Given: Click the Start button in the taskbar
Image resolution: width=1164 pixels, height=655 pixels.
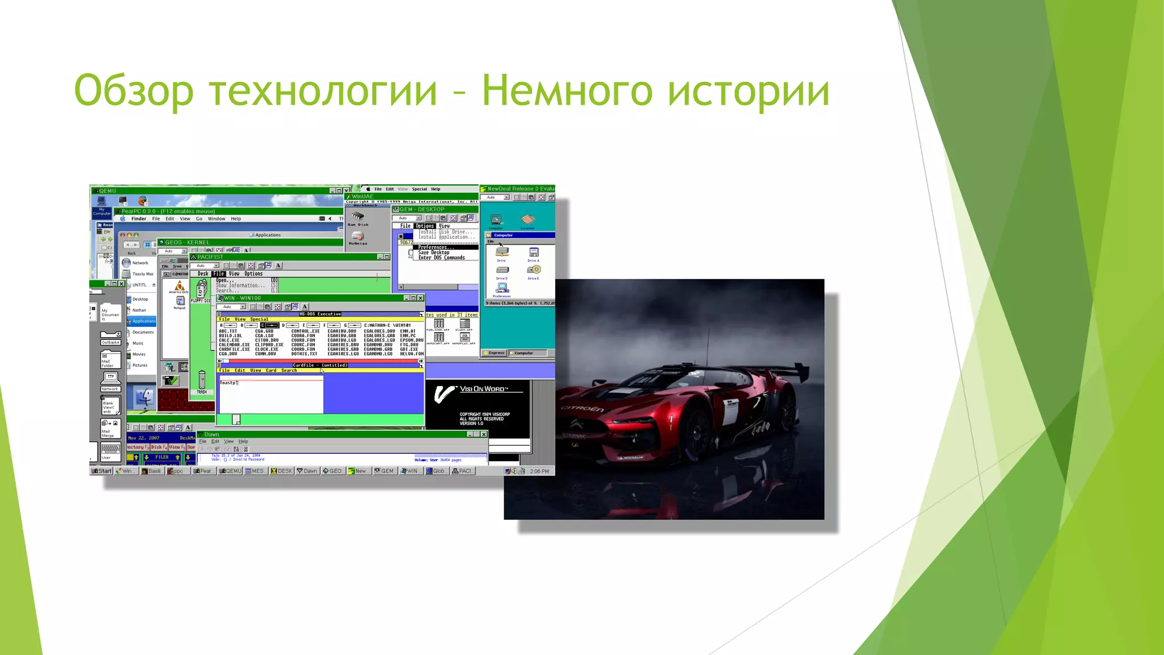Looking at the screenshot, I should [x=102, y=471].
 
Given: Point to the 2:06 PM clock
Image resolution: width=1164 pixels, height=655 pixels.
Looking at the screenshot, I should [x=539, y=471].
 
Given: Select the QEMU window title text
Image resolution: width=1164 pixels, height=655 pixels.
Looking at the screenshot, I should [x=107, y=190].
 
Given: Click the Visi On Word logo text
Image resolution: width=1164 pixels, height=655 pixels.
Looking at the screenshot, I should [x=483, y=389].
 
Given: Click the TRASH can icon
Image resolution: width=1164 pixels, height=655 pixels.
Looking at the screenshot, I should [x=202, y=380].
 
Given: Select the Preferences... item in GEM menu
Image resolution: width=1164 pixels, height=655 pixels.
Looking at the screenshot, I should [x=436, y=247].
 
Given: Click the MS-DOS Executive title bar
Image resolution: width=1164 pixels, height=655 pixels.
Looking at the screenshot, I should [x=320, y=314].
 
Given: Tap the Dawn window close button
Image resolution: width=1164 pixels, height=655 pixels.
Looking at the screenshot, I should [x=484, y=434].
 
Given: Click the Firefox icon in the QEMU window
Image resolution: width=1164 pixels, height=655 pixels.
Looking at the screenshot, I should [x=143, y=201].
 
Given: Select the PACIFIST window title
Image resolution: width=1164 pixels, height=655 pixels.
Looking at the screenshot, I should [x=210, y=257].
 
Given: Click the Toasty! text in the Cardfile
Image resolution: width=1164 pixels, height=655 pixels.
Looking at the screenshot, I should [x=228, y=383].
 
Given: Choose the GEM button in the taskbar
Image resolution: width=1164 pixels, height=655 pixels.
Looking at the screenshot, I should [x=384, y=471].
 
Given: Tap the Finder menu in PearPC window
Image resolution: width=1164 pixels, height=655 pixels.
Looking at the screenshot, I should [x=139, y=219].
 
